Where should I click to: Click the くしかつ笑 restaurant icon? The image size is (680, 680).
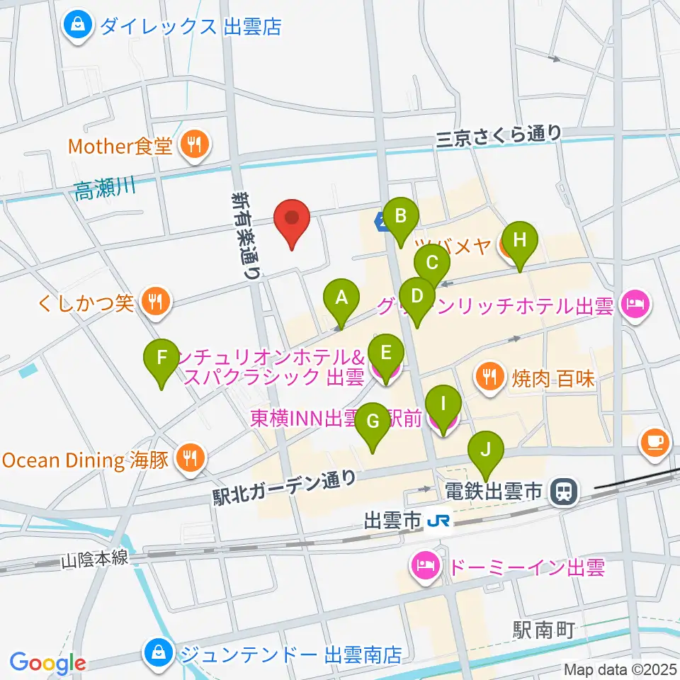coord(154,303)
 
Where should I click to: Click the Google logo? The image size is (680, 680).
coord(47,663)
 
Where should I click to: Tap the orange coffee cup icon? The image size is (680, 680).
coord(654,441)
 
